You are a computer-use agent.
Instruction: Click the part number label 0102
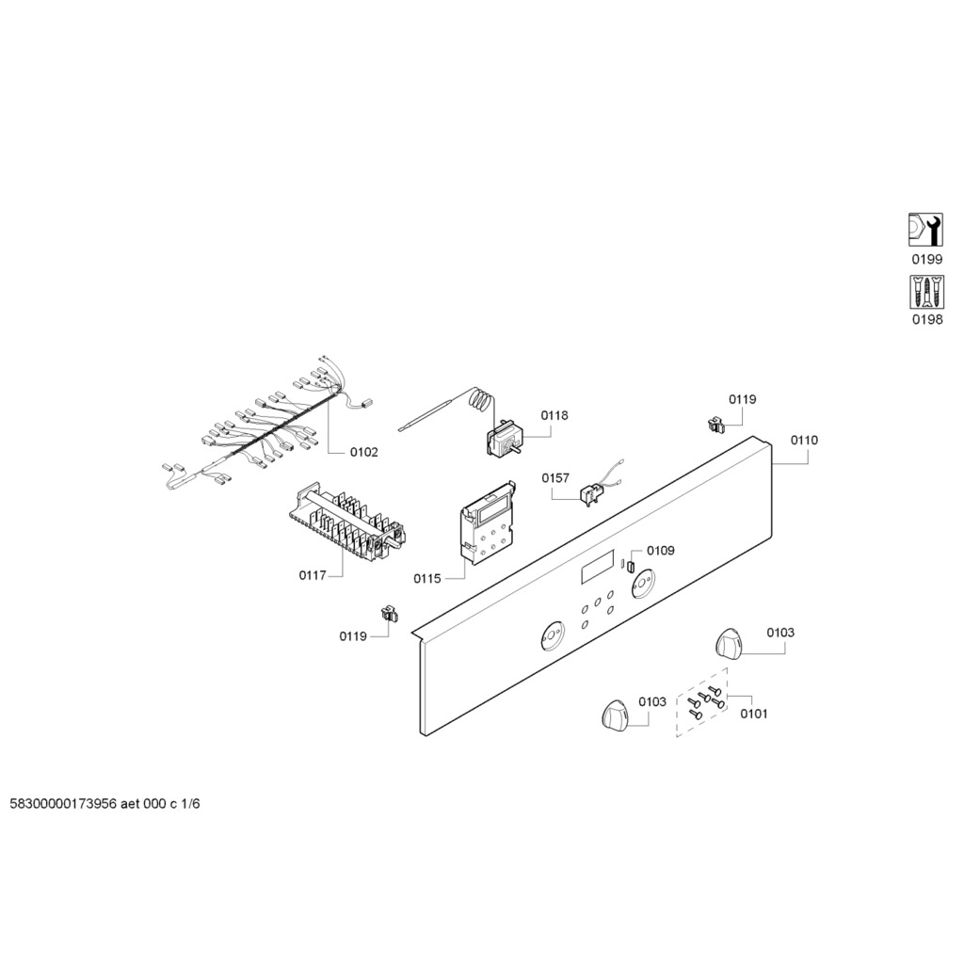tap(364, 453)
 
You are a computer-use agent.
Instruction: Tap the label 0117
tap(313, 575)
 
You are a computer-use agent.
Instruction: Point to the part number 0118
tap(554, 415)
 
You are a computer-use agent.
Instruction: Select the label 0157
tap(555, 477)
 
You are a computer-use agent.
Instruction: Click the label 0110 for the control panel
tap(804, 441)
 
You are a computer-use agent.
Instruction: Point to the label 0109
tap(660, 550)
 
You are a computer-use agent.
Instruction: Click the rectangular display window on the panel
tap(597, 568)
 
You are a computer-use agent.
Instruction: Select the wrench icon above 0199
tap(926, 230)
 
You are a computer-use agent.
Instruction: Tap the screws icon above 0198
tap(926, 292)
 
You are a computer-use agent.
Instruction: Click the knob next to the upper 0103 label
tap(730, 644)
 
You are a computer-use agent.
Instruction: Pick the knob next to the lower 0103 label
tap(616, 715)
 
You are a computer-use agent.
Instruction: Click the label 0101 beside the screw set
tap(754, 714)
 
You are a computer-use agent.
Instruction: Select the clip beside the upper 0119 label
tap(716, 424)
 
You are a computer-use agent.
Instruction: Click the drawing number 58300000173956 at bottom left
tap(63, 804)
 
